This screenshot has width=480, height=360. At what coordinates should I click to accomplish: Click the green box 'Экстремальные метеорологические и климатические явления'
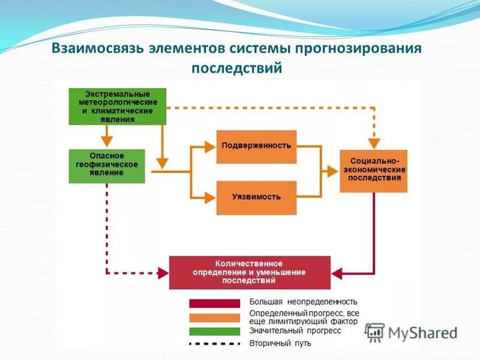point(118,107)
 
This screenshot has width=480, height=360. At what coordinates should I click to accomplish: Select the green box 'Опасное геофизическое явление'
point(107,164)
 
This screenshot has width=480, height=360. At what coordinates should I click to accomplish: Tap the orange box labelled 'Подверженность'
point(256,146)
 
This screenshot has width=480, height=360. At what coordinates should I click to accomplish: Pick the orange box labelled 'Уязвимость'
point(256,197)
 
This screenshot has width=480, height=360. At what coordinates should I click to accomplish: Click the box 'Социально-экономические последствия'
point(373,170)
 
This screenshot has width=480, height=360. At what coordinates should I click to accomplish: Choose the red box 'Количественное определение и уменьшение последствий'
point(250,272)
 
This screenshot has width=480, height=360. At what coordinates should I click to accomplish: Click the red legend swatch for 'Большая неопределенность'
point(215,303)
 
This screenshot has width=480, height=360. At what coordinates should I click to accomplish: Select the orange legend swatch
point(215,317)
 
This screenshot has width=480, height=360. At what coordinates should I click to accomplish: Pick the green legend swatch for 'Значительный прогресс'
point(215,331)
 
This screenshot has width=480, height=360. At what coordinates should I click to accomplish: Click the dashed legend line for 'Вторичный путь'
point(215,344)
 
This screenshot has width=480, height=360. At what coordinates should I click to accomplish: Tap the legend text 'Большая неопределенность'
point(303,302)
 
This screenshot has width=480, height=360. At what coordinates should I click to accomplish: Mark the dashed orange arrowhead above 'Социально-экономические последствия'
point(374,143)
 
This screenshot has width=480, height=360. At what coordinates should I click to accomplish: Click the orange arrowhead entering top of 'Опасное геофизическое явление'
point(107,143)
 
